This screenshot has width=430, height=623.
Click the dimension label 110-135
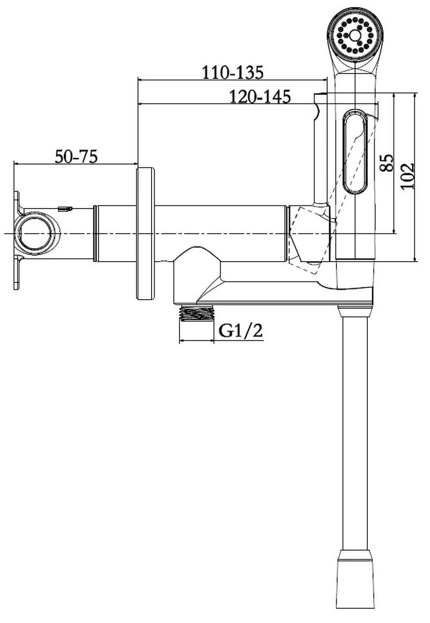tap(232, 72)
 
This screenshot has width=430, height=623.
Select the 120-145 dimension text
tap(260, 97)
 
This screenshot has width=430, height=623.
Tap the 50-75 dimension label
tap(76, 157)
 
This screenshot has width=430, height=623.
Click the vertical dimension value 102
tap(408, 176)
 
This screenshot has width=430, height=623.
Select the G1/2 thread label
tap(241, 331)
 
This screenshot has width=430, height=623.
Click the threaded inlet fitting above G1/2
tap(197, 313)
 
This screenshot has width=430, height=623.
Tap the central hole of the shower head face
tap(354, 34)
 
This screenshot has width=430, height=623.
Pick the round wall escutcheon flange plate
tap(146, 233)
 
